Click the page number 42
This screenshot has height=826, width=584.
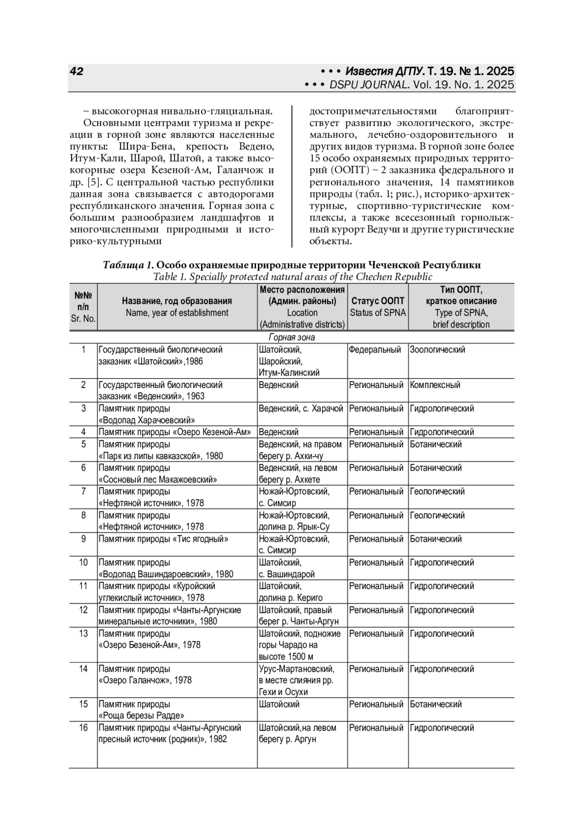point(77,72)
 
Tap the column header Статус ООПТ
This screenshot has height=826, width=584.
point(378,301)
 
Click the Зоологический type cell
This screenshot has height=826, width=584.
point(438,349)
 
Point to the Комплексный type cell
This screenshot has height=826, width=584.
point(435,385)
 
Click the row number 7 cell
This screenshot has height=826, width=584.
point(83,492)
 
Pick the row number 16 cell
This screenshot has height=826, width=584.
point(83,728)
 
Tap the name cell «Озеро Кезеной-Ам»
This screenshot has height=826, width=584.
point(175,432)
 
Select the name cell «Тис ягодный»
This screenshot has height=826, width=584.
point(164,539)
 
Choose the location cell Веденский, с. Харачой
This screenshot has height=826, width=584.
point(301,408)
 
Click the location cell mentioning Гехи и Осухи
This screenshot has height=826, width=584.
point(283,692)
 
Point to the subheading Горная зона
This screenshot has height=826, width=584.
point(292,337)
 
